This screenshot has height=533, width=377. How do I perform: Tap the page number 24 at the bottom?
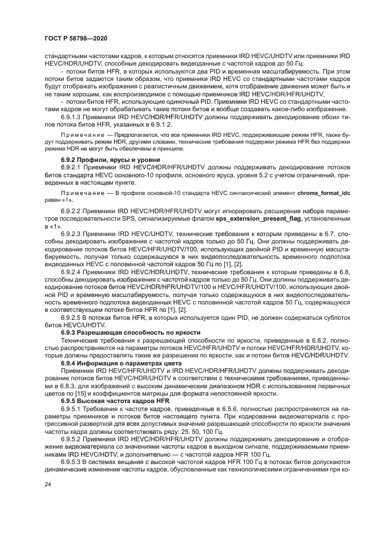click(x=48, y=501)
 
